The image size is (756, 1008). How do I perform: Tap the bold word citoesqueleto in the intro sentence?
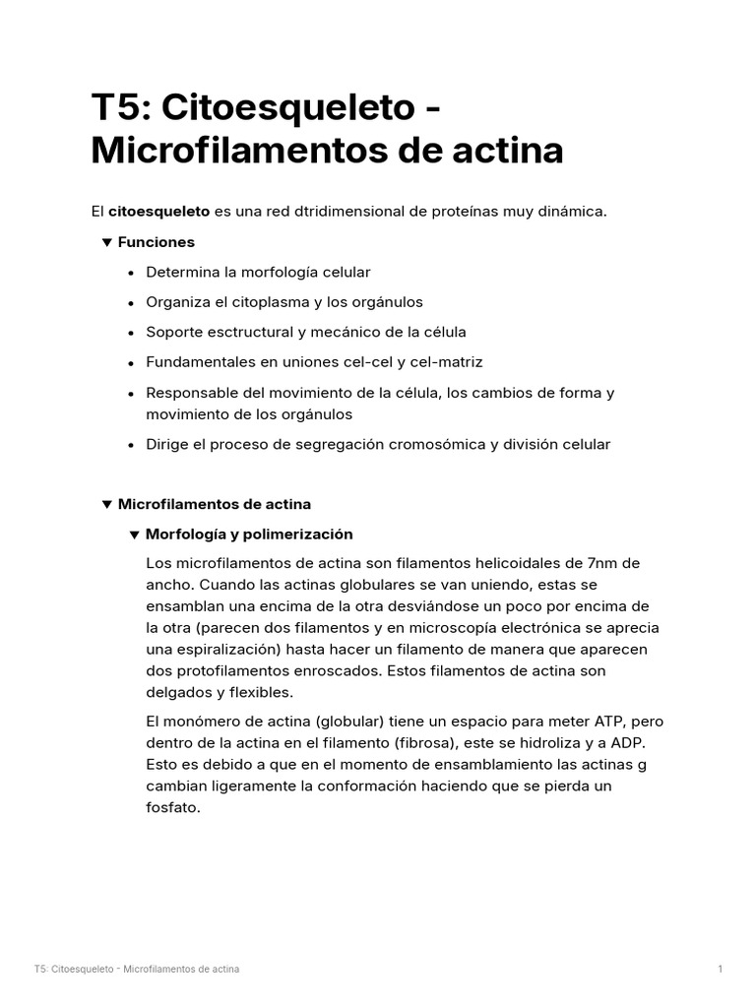tap(158, 212)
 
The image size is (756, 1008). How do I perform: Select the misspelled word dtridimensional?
tap(332, 212)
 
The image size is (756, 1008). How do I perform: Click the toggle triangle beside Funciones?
tap(106, 242)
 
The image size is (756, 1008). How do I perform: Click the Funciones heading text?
tap(156, 242)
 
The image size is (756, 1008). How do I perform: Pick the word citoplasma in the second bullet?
tap(268, 302)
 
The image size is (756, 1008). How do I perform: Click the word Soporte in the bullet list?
tap(173, 332)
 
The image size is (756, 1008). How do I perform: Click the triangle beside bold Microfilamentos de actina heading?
tap(106, 504)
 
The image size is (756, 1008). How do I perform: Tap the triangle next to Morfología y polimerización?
tap(135, 535)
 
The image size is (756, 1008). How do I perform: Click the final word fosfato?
tap(172, 807)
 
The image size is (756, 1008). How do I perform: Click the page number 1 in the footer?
tap(721, 970)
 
